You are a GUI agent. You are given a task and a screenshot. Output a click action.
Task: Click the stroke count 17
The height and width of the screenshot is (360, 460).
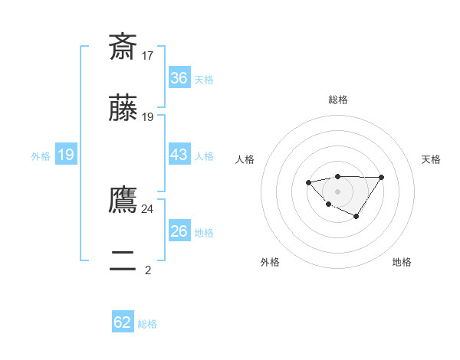coord(148,56)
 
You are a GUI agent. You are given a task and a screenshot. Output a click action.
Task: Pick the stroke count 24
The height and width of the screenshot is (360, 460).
coord(148,208)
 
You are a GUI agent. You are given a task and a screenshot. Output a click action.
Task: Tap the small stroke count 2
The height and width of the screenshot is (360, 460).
coord(148,270)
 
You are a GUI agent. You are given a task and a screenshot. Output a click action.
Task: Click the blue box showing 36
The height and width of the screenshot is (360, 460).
coord(179,78)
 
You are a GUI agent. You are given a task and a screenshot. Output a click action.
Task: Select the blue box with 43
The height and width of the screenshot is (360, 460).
coord(179,155)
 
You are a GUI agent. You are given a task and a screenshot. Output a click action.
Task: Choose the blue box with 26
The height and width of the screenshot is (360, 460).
coord(179,231)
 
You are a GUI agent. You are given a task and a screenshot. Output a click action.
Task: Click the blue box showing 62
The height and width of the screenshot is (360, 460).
coord(123,322)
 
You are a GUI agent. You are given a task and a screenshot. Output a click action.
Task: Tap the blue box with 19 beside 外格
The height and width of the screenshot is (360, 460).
coord(66,155)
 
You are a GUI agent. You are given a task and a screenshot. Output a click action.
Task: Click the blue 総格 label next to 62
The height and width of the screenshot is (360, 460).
coord(147,324)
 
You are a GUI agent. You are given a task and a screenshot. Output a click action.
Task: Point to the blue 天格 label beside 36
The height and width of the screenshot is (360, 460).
coord(204,80)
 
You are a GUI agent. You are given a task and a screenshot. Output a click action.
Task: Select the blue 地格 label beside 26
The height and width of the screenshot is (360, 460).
coord(204,233)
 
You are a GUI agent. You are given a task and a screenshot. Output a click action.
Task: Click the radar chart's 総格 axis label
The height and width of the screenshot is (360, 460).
coord(338,100)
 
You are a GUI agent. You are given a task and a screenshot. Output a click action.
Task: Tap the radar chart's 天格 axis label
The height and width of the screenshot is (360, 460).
coord(431,159)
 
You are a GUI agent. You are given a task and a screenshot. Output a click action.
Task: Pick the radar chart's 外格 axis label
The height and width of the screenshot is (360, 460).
coord(270,262)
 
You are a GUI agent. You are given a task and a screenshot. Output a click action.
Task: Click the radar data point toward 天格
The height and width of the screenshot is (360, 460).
coord(381,178)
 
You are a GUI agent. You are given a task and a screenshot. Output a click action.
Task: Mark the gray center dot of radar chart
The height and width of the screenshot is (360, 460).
coord(337,191)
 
